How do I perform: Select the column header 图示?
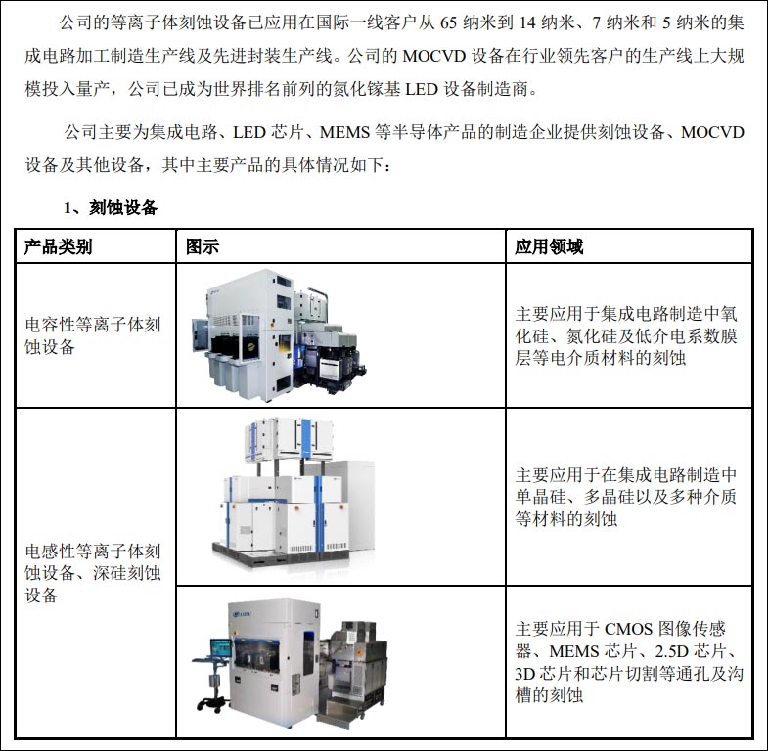[203, 246]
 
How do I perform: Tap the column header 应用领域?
[549, 246]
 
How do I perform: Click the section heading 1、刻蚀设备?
[111, 207]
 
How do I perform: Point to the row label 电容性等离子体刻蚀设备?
[92, 334]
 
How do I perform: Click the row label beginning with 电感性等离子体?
[92, 572]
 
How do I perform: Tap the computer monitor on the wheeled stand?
[220, 650]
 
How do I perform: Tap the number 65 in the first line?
[464, 22]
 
